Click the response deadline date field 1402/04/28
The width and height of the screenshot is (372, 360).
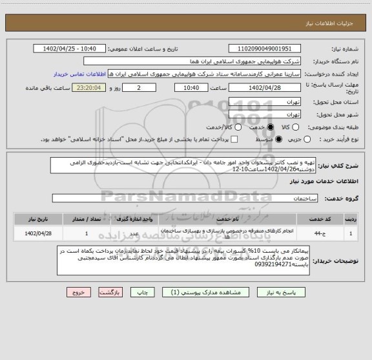pos(265,88)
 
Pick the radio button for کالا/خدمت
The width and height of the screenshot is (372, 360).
pos(234,127)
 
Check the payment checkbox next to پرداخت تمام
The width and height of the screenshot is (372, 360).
pos(234,139)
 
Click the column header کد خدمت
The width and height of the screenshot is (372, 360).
pos(320,216)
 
